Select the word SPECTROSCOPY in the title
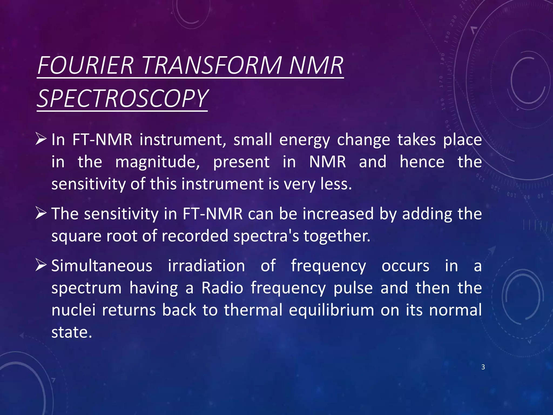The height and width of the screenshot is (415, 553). (x=122, y=99)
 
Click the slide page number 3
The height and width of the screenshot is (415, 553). (x=483, y=367)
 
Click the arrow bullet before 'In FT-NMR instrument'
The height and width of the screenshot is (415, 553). (x=41, y=139)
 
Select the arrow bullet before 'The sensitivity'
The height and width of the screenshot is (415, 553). (x=41, y=213)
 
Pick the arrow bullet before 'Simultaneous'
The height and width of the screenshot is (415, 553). (x=41, y=265)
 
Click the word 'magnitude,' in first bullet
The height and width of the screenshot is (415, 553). (x=157, y=162)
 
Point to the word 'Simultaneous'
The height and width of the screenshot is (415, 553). (x=102, y=266)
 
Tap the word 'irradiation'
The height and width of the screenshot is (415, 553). (x=206, y=266)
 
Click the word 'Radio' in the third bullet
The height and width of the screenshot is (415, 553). (x=222, y=288)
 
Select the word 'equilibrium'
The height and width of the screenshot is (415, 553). (x=331, y=310)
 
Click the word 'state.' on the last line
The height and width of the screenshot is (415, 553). (x=72, y=332)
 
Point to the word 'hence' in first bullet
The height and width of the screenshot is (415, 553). (x=422, y=162)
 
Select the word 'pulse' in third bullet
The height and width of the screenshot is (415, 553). (x=353, y=288)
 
